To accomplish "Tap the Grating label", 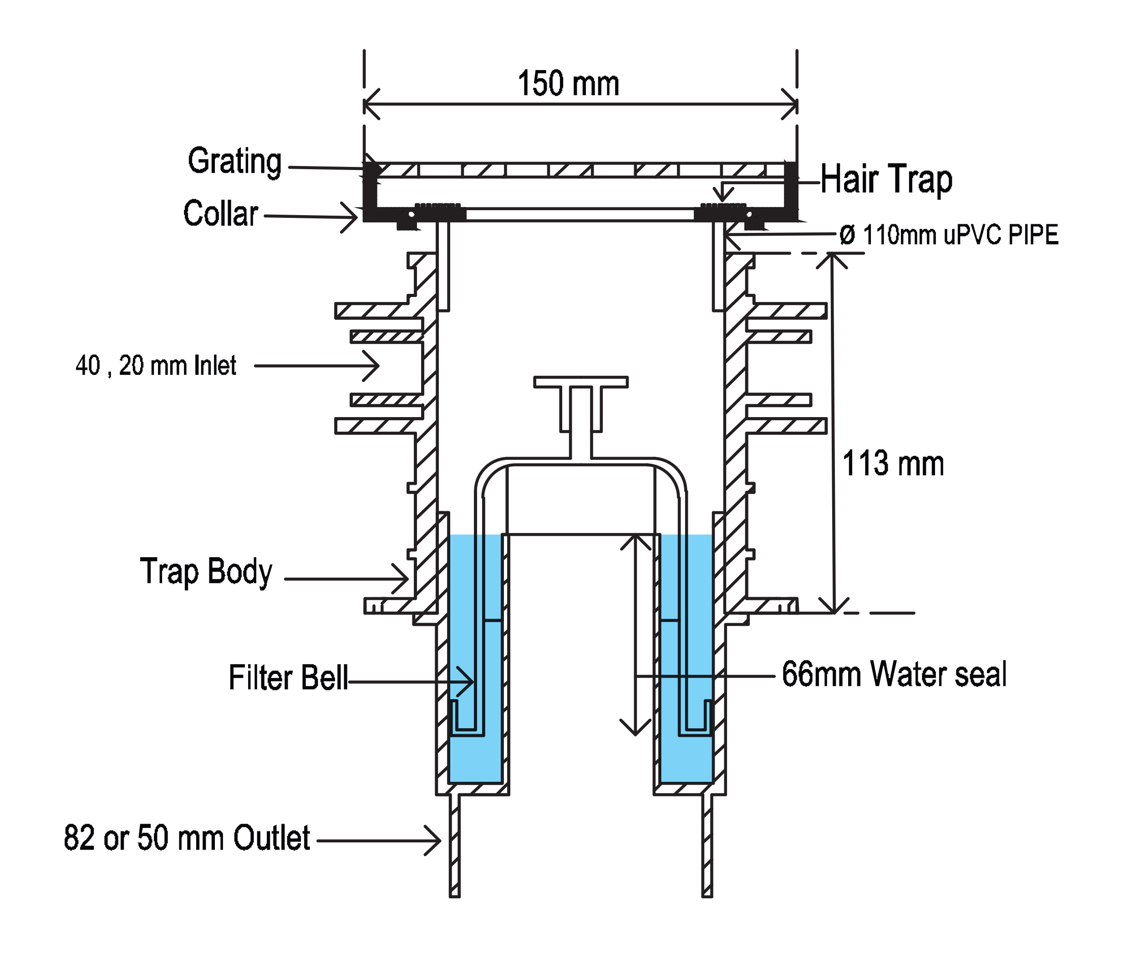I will (x=235, y=161).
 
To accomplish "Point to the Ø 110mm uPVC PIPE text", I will (x=949, y=235).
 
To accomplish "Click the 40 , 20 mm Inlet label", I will (x=157, y=365).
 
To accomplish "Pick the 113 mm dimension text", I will (x=893, y=464).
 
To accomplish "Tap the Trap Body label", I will (x=206, y=572).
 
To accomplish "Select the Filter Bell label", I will (x=288, y=678).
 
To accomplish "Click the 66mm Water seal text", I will (x=894, y=674).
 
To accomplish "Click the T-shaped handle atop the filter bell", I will (x=581, y=382).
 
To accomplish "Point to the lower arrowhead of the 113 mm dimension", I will (x=834, y=610).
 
